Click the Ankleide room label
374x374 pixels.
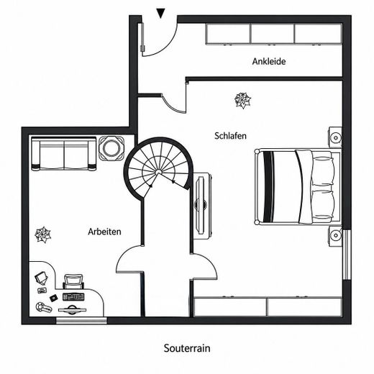[269, 61]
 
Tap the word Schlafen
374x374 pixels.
[230, 136]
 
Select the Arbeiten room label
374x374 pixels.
[104, 232]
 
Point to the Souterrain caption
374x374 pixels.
[187, 348]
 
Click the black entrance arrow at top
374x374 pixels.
[160, 13]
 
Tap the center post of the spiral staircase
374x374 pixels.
[158, 172]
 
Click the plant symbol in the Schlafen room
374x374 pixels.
[243, 100]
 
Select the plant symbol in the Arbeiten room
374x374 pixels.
[42, 234]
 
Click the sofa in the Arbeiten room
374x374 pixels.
[64, 153]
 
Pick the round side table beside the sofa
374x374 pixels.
[111, 148]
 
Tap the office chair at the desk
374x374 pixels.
[73, 281]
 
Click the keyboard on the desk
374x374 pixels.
[73, 297]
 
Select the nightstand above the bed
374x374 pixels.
[335, 137]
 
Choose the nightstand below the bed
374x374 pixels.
[335, 236]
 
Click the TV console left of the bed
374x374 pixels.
[203, 206]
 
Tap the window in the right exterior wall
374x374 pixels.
[347, 255]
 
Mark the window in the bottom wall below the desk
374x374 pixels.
[81, 321]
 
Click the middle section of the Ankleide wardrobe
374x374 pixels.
[273, 34]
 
